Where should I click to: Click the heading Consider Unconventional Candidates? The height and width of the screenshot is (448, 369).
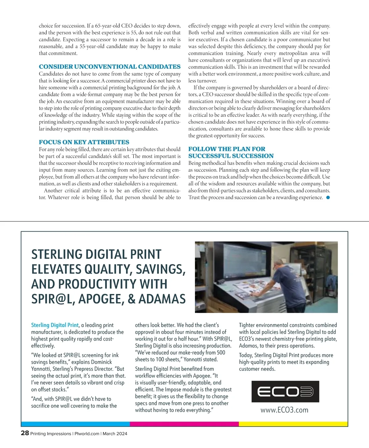[x=109, y=67]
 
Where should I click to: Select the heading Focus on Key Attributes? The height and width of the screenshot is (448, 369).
[x=84, y=142]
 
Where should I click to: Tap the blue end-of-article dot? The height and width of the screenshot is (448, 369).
[x=328, y=197]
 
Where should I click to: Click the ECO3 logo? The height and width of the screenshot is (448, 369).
[x=285, y=391]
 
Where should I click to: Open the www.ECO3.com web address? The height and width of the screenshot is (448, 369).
[x=284, y=410]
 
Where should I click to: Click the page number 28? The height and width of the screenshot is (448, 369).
[x=25, y=433]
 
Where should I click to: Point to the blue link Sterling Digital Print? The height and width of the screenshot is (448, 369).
[x=55, y=325]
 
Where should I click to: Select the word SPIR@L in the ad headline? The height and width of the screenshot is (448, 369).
[x=53, y=299]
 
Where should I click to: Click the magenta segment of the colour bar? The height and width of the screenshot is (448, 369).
[x=184, y=424]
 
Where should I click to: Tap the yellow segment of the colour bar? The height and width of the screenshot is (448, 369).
[x=293, y=424]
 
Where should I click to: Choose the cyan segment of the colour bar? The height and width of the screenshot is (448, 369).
[x=75, y=424]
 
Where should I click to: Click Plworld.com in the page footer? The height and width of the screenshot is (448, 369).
[x=87, y=434]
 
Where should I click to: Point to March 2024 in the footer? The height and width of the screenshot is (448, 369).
[x=115, y=434]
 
